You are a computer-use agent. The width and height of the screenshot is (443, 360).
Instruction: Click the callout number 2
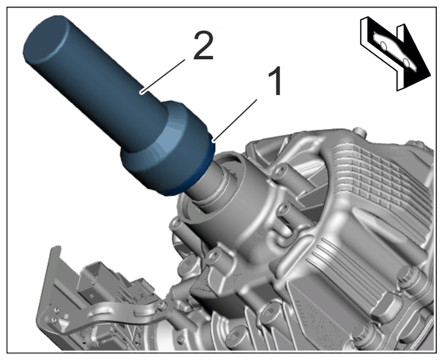[x=203, y=45]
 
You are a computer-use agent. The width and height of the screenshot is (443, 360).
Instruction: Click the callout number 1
[x=274, y=81]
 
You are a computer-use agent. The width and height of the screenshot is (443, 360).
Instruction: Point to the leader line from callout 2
[x=164, y=75]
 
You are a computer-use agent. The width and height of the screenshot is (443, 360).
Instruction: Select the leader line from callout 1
[x=236, y=119]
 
